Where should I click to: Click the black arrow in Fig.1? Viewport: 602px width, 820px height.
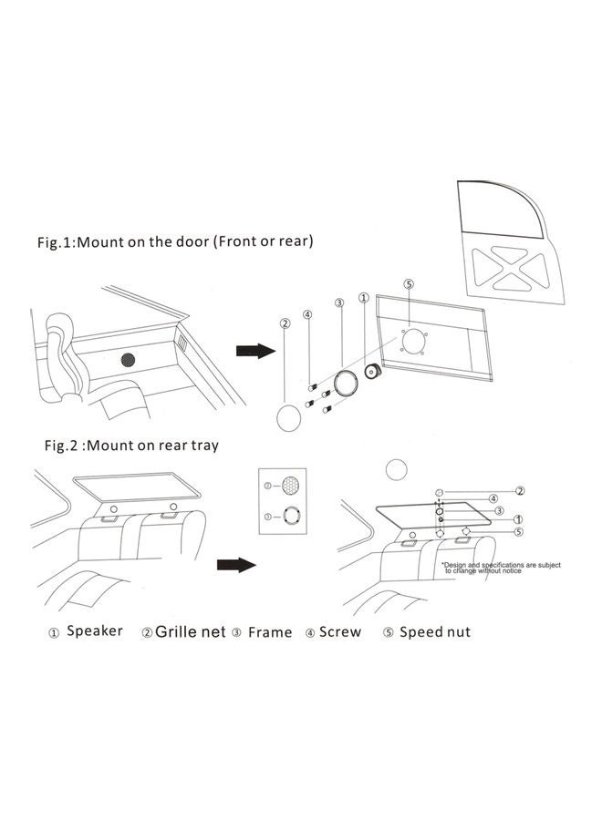pyautogui.click(x=254, y=351)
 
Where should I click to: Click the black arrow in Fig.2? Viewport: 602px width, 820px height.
pyautogui.click(x=235, y=566)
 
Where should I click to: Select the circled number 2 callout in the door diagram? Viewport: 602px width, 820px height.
pyautogui.click(x=285, y=323)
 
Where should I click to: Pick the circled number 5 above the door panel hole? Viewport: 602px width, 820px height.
pyautogui.click(x=409, y=284)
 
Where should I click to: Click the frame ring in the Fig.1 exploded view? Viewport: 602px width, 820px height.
pyautogui.click(x=344, y=383)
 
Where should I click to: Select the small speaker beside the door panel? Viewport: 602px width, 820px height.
pyautogui.click(x=372, y=372)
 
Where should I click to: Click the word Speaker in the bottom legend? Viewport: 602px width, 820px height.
pyautogui.click(x=95, y=630)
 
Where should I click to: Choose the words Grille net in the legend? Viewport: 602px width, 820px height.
pyautogui.click(x=190, y=630)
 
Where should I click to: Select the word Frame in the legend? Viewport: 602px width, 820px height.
pyautogui.click(x=270, y=631)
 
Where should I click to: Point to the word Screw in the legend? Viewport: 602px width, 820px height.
pyautogui.click(x=340, y=631)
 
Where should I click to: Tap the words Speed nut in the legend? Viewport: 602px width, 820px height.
pyautogui.click(x=434, y=631)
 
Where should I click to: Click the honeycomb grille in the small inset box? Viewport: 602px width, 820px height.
pyautogui.click(x=290, y=485)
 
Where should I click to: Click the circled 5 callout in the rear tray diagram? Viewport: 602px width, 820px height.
pyautogui.click(x=518, y=531)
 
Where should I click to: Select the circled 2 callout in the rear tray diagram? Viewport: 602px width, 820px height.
pyautogui.click(x=519, y=490)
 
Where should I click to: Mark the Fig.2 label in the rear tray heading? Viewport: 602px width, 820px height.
pyautogui.click(x=65, y=446)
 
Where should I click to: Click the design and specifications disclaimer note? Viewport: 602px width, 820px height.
pyautogui.click(x=501, y=568)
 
